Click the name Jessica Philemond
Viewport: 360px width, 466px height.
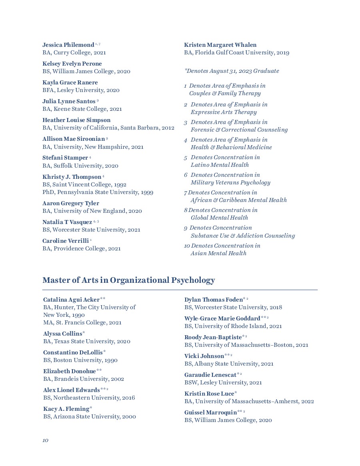pyautogui.click(x=68, y=45)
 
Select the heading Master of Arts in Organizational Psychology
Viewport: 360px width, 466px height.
pyautogui.click(x=128, y=280)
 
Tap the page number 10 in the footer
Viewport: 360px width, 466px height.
pyautogui.click(x=45, y=440)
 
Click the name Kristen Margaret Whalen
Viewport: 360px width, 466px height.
pyautogui.click(x=220, y=45)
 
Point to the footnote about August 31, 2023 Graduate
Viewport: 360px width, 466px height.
pyautogui.click(x=232, y=71)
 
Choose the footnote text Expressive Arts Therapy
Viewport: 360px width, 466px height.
pyautogui.click(x=224, y=112)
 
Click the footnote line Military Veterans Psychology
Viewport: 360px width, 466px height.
pyautogui.click(x=230, y=182)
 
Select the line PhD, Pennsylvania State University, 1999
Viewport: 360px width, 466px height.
pyautogui.click(x=98, y=192)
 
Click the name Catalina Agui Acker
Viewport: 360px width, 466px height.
pyautogui.click(x=72, y=300)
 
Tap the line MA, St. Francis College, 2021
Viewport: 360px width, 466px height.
pyautogui.click(x=82, y=322)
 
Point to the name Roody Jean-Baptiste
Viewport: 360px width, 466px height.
pyautogui.click(x=213, y=337)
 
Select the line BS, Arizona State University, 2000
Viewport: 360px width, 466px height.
pyautogui.click(x=90, y=416)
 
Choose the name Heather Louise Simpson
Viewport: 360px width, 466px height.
pyautogui.click(x=76, y=120)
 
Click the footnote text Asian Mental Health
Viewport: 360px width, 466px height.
pyautogui.click(x=218, y=253)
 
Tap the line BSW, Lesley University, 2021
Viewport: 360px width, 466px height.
pyautogui.click(x=223, y=382)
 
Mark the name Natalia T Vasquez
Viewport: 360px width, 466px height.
pyautogui.click(x=67, y=222)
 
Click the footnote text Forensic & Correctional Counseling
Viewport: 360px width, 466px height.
pyautogui.click(x=239, y=130)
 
